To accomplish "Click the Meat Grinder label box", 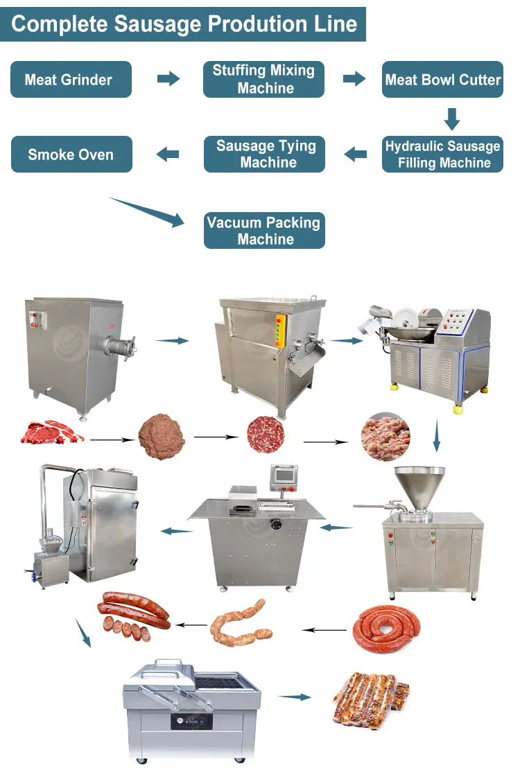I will tap(71, 79).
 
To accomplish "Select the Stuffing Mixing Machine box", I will tap(263, 79).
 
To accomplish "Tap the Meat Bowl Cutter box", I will tap(442, 79).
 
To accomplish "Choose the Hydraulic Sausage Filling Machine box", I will tap(442, 154).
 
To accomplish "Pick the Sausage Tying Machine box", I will tap(264, 154).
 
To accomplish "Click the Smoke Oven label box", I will tap(71, 154).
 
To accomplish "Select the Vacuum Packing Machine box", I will tap(264, 230).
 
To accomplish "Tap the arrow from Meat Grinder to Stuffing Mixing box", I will tap(168, 79).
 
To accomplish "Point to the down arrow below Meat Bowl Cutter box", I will tap(452, 119).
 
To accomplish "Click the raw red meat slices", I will tap(53, 433).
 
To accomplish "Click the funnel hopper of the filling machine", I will tap(419, 485).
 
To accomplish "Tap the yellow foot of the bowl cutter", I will tap(458, 410).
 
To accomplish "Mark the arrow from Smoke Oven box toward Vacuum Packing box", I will tap(148, 211).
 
